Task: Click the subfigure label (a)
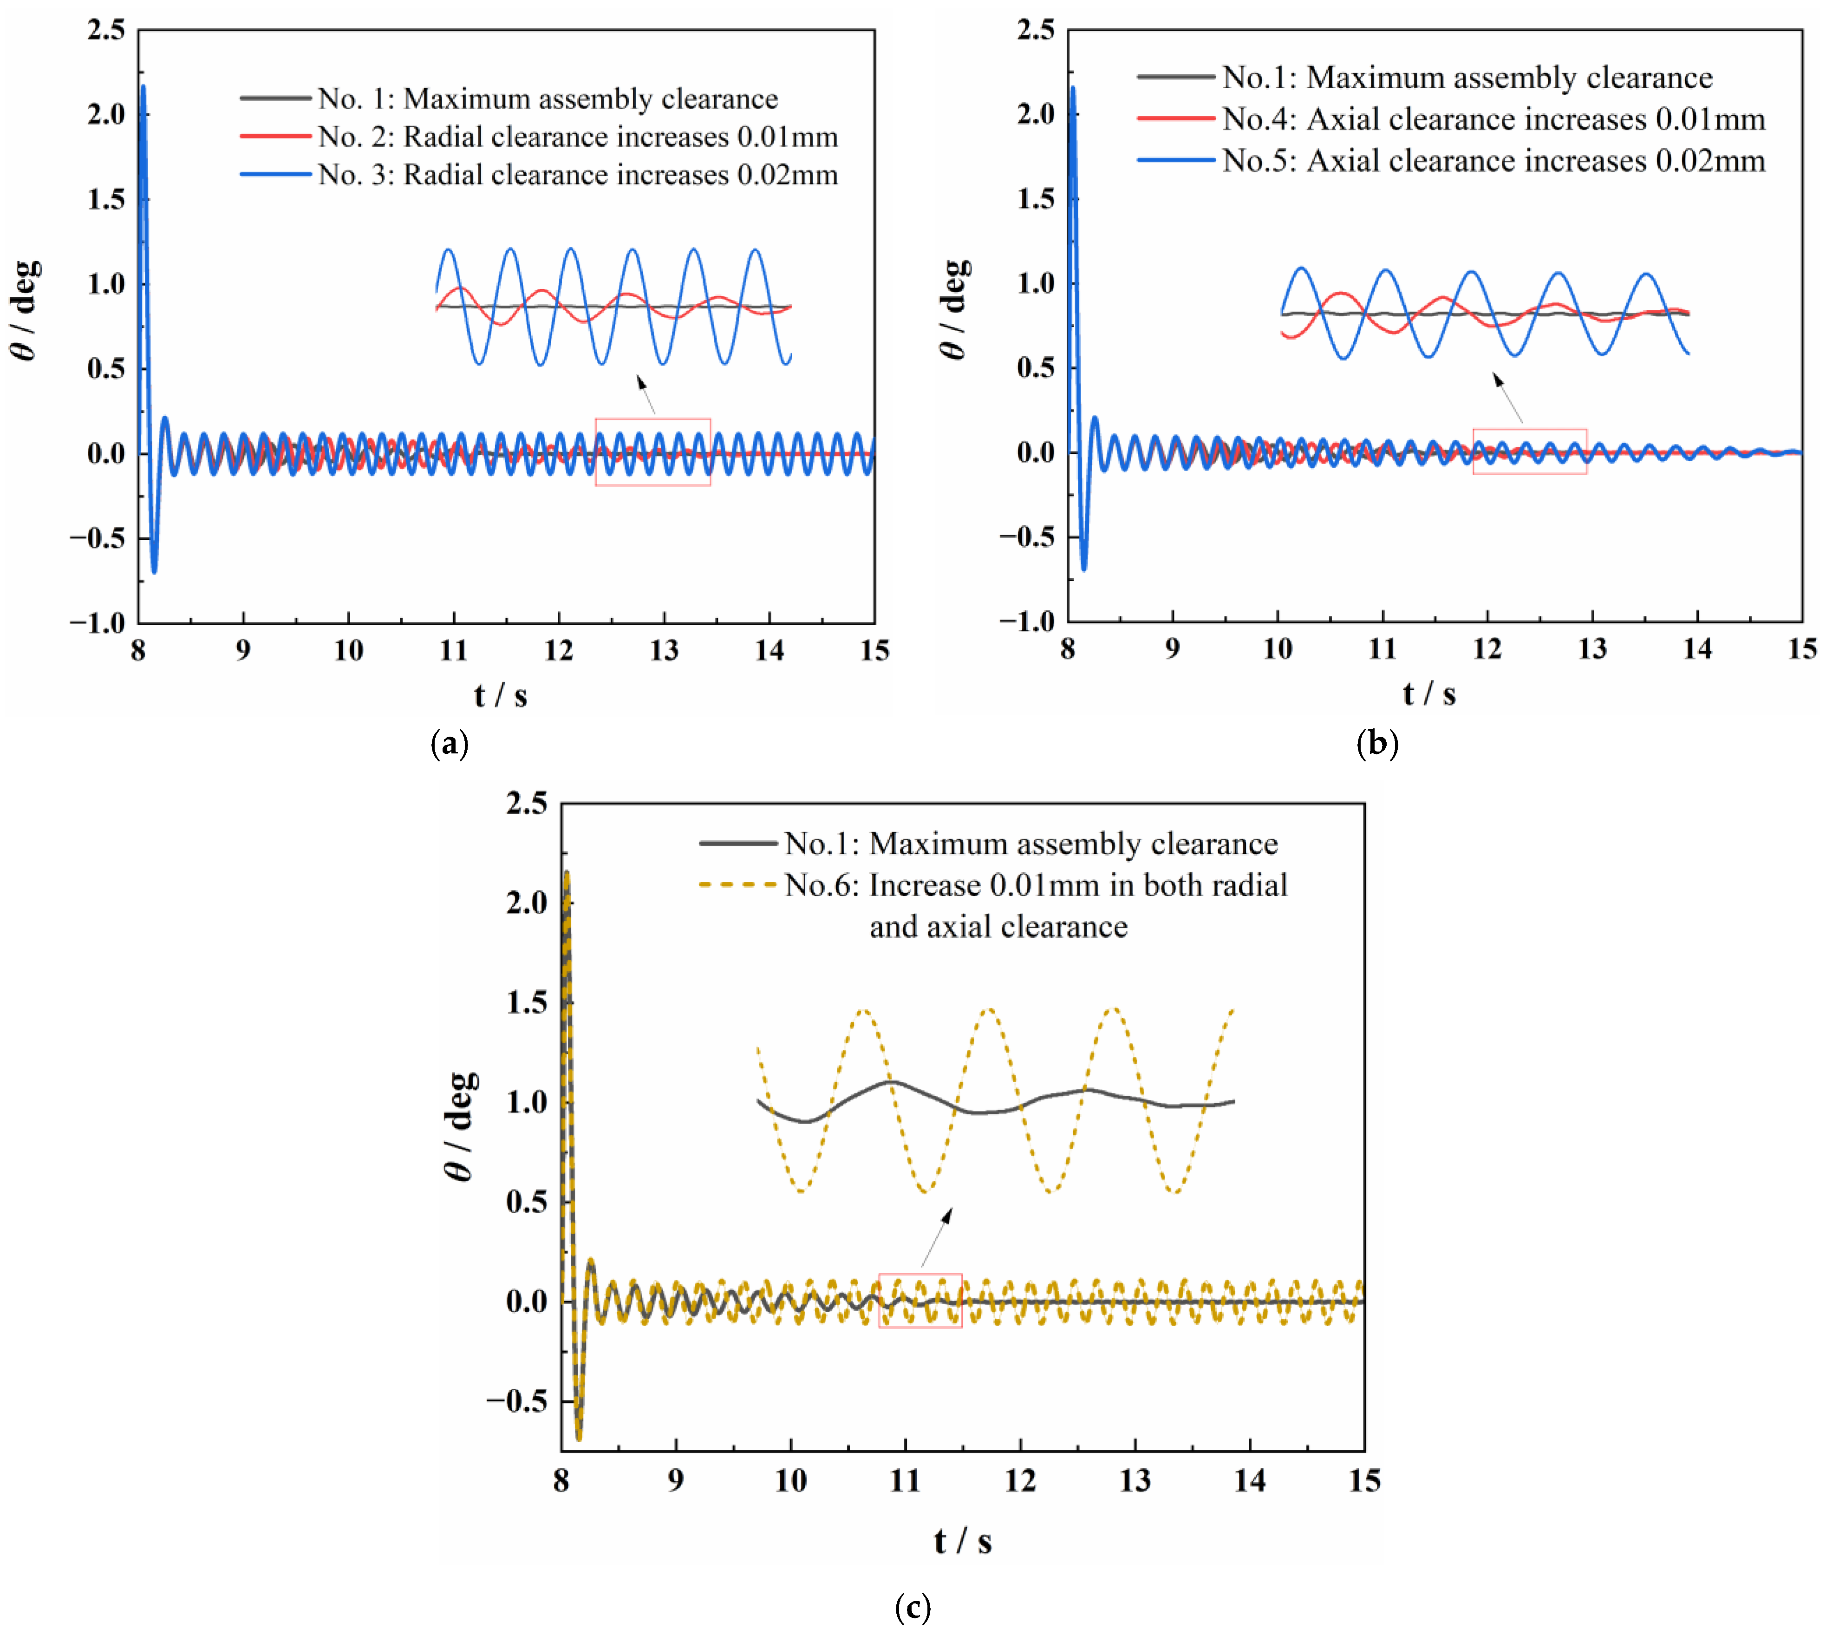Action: point(449,743)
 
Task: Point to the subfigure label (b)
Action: point(1377,743)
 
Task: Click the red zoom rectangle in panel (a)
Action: point(652,452)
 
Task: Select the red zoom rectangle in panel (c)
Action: point(920,1300)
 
